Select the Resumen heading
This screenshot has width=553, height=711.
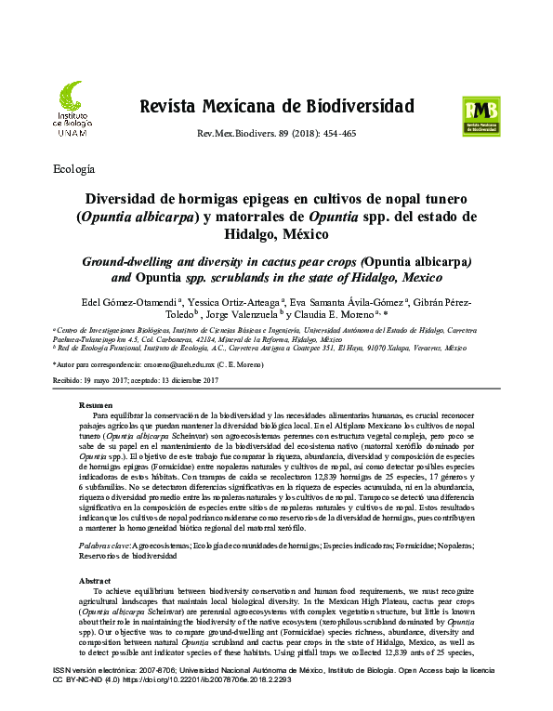[x=96, y=406]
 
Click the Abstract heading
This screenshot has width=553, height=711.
[x=96, y=579]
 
